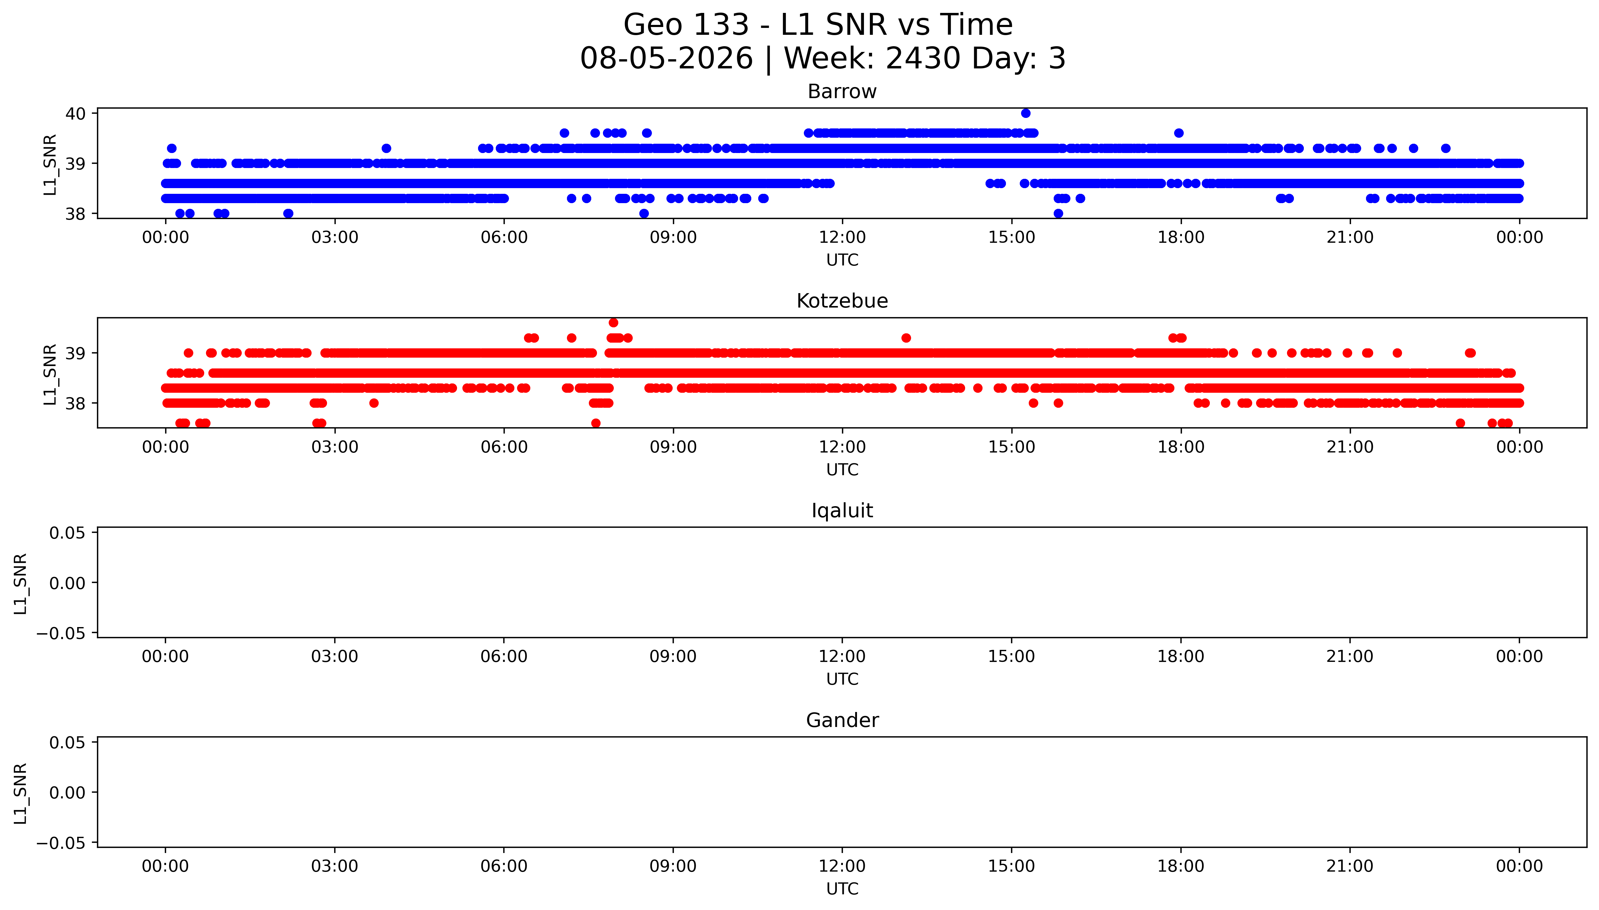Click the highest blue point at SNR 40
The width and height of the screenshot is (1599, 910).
[x=1025, y=113]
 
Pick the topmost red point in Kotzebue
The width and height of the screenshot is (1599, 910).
[x=613, y=323]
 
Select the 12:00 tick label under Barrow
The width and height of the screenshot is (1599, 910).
[x=842, y=238]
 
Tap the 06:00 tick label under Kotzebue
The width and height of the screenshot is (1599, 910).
[x=504, y=447]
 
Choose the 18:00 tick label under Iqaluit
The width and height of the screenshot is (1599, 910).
[x=1181, y=656]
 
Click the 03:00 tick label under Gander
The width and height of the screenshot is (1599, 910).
[x=335, y=866]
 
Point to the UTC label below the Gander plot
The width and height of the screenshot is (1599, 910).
[x=842, y=889]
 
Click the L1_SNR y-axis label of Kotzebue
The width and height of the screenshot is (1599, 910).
[x=50, y=374]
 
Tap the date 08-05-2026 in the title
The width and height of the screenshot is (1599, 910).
[x=667, y=58]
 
